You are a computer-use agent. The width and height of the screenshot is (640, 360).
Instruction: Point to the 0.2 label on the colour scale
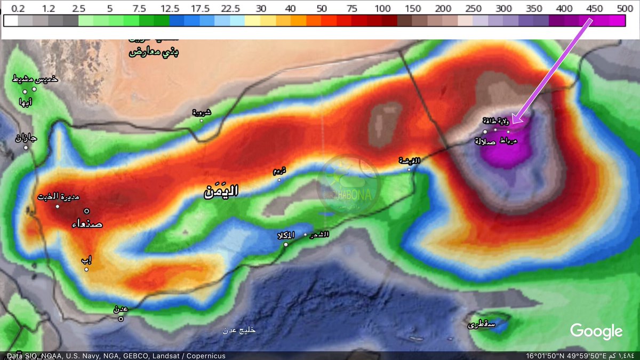pyautogui.click(x=18, y=9)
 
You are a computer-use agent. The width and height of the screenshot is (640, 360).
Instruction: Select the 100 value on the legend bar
pyautogui.click(x=382, y=9)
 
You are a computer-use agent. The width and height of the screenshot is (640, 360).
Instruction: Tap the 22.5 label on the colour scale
pyautogui.click(x=230, y=9)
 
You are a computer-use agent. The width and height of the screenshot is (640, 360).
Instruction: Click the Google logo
pyautogui.click(x=596, y=331)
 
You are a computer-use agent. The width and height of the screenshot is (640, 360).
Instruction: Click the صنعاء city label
pyautogui.click(x=87, y=224)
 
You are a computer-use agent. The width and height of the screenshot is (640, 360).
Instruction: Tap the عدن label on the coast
pyautogui.click(x=121, y=309)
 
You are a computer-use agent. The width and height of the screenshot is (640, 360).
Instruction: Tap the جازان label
pyautogui.click(x=26, y=139)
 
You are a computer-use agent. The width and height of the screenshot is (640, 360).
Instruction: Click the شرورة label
pyautogui.click(x=201, y=113)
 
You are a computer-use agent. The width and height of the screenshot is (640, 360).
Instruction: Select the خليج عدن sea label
pyautogui.click(x=239, y=330)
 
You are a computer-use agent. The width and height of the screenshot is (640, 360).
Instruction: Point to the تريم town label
pyautogui.click(x=279, y=171)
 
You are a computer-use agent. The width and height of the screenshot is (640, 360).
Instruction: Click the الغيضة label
pyautogui.click(x=410, y=161)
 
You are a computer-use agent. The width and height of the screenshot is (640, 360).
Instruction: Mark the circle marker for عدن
pyautogui.click(x=121, y=319)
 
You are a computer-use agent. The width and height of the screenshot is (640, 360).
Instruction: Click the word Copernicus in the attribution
pyautogui.click(x=205, y=356)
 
